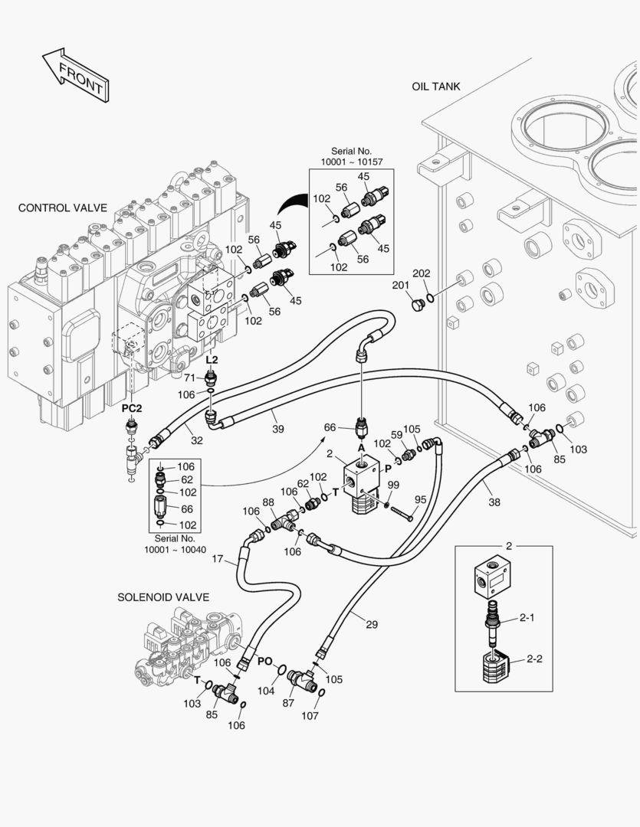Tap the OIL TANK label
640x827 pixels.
[435, 87]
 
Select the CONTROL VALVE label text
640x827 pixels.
[62, 208]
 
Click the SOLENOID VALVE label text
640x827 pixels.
[163, 597]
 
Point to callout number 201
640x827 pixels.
[400, 286]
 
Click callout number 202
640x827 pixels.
[422, 273]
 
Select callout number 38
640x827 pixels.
[494, 503]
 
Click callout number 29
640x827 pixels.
[371, 625]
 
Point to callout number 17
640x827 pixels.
[218, 559]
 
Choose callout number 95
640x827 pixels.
[421, 500]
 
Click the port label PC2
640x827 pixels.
[132, 409]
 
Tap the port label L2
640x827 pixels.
[212, 359]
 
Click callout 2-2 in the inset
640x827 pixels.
[533, 659]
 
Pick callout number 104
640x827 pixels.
[266, 691]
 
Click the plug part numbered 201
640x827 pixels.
[417, 306]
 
